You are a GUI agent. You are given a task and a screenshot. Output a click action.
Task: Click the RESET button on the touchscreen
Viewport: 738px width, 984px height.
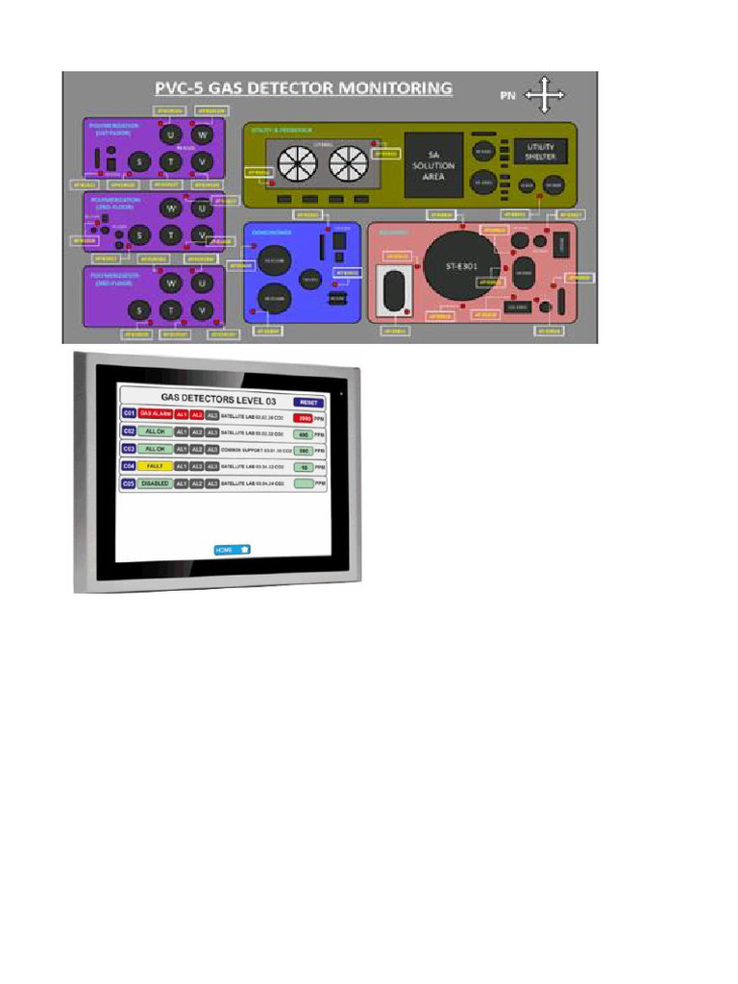[308, 402]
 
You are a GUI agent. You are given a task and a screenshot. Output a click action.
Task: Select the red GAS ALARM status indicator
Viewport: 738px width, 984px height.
[154, 413]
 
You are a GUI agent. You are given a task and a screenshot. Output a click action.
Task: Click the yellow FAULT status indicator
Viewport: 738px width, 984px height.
[154, 466]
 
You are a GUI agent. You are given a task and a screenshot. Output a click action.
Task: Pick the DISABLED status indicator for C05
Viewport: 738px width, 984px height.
[154, 483]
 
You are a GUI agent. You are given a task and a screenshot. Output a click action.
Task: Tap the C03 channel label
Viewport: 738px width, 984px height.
[129, 449]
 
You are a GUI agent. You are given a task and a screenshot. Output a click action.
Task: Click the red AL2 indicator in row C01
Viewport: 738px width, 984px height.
[196, 413]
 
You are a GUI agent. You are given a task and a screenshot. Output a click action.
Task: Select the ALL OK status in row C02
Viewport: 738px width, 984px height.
[154, 431]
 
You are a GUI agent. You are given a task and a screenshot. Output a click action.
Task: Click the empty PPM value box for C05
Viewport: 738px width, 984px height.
[305, 484]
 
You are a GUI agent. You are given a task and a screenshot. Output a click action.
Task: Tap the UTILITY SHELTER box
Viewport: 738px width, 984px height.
[540, 151]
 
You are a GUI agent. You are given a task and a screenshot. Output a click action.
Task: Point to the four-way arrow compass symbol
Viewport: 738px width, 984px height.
[545, 95]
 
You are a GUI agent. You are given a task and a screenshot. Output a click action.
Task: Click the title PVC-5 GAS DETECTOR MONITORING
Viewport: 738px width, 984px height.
[304, 88]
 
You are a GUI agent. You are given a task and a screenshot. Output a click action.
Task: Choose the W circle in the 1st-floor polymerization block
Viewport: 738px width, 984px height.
[203, 135]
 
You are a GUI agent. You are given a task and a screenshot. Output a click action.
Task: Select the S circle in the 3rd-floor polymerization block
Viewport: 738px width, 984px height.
[140, 310]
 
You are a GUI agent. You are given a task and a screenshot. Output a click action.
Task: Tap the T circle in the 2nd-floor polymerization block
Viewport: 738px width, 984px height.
[171, 234]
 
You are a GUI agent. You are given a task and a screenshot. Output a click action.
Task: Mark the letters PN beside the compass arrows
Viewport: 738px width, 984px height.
[507, 95]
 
